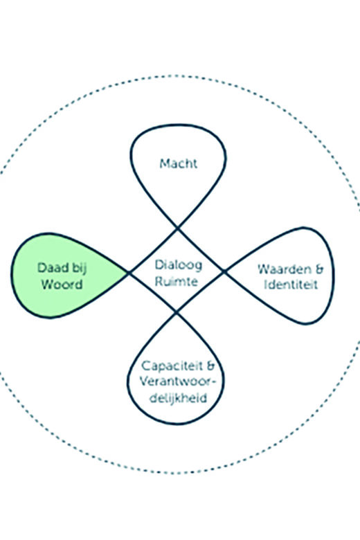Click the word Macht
click(179, 163)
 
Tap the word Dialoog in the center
click(179, 265)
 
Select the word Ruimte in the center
click(177, 281)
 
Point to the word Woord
click(62, 285)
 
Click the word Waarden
click(282, 269)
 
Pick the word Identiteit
click(291, 285)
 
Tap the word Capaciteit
click(172, 366)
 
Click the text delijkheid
click(178, 398)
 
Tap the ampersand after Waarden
click(318, 269)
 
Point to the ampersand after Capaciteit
click(210, 366)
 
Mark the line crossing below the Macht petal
click(177, 228)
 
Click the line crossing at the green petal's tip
click(129, 273)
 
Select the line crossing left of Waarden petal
click(224, 271)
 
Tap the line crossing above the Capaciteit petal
click(176, 312)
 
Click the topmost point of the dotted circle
click(176, 75)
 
